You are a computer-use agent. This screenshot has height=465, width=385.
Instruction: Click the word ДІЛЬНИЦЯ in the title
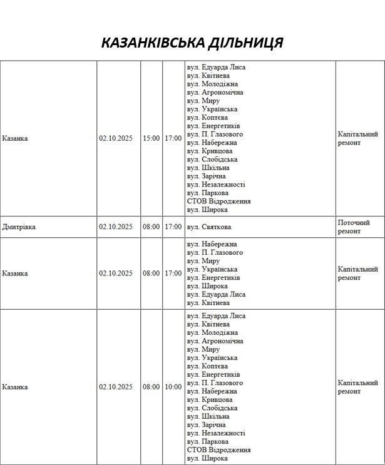coord(247,43)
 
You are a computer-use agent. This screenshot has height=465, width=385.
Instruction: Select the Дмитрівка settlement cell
coord(19,227)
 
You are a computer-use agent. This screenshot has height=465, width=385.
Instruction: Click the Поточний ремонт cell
coord(354,227)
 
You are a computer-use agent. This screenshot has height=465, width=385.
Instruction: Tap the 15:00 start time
coord(151,138)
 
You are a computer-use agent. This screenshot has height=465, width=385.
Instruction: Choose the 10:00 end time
coord(173,387)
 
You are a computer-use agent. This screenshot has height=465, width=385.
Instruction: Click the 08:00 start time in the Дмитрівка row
coord(151,227)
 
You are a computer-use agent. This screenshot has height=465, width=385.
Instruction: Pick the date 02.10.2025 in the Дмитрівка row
coord(116,227)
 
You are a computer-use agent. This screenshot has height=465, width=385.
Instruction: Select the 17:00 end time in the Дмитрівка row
coord(173,227)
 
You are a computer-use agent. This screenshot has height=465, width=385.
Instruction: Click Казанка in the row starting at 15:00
coord(15,138)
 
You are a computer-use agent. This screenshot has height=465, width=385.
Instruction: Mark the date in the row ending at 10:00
coord(116,387)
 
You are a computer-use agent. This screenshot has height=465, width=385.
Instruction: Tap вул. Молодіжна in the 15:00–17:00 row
coord(212,84)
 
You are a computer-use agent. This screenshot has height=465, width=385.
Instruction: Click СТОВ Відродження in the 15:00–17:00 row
coord(218,202)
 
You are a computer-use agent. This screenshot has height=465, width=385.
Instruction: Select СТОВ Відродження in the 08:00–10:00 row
coord(218,450)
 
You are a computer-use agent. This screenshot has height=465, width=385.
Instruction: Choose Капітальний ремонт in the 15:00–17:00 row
coord(357,138)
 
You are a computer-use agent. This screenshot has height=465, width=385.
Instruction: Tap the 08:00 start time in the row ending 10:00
coord(151,387)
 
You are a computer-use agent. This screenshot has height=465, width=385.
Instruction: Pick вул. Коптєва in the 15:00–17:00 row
coord(207,118)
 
